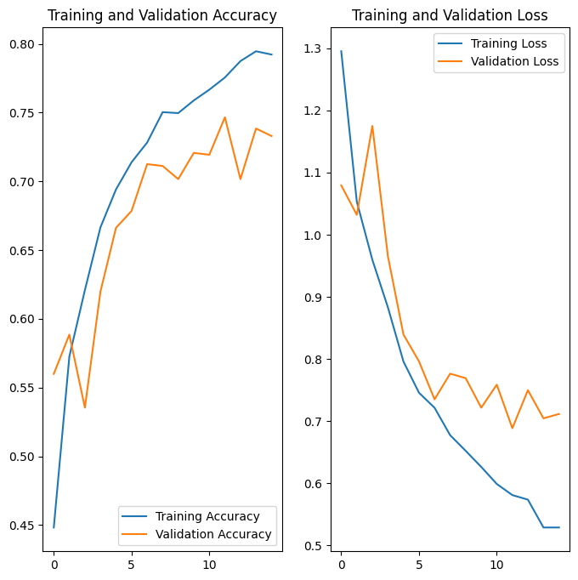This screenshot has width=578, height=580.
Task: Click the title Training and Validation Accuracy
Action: (x=161, y=15)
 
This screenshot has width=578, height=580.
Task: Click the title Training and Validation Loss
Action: (x=450, y=15)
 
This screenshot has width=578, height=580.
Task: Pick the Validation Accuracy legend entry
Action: (x=213, y=534)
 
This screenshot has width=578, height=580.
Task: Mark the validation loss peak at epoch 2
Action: (x=372, y=126)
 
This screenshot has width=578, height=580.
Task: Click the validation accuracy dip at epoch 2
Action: (x=85, y=407)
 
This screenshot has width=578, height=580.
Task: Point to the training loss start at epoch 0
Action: (x=341, y=51)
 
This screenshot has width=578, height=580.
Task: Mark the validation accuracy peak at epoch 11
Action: (x=225, y=117)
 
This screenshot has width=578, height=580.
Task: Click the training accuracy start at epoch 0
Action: (x=54, y=527)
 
